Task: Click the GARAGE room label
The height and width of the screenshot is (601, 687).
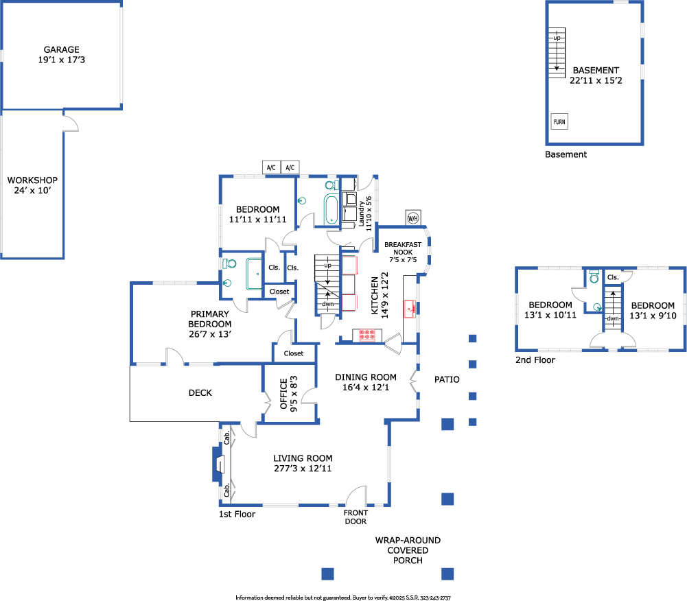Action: coord(62,55)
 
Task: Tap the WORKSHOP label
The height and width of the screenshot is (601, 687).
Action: coord(32,185)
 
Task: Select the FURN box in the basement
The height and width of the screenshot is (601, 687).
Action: coord(559,122)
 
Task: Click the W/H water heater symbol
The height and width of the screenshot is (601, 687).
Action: coord(413,218)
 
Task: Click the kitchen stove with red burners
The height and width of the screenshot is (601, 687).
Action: coord(366,335)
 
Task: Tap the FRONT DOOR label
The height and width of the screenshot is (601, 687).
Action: coord(356,517)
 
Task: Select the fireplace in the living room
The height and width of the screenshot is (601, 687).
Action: coord(219,464)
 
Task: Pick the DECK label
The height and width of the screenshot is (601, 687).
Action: coord(200,393)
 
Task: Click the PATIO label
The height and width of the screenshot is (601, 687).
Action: coord(447,379)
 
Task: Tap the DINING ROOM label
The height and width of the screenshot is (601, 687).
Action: coord(365,382)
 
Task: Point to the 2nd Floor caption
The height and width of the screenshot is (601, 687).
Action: coord(535,360)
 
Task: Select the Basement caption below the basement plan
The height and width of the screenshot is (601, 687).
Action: coord(566,154)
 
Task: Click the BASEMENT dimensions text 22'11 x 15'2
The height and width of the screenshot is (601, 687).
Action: coord(594,80)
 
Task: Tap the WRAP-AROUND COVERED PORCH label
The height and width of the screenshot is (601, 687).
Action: coord(408,550)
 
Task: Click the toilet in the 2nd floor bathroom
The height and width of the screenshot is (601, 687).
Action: coord(594,276)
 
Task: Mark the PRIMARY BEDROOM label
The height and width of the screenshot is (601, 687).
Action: coord(210,324)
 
